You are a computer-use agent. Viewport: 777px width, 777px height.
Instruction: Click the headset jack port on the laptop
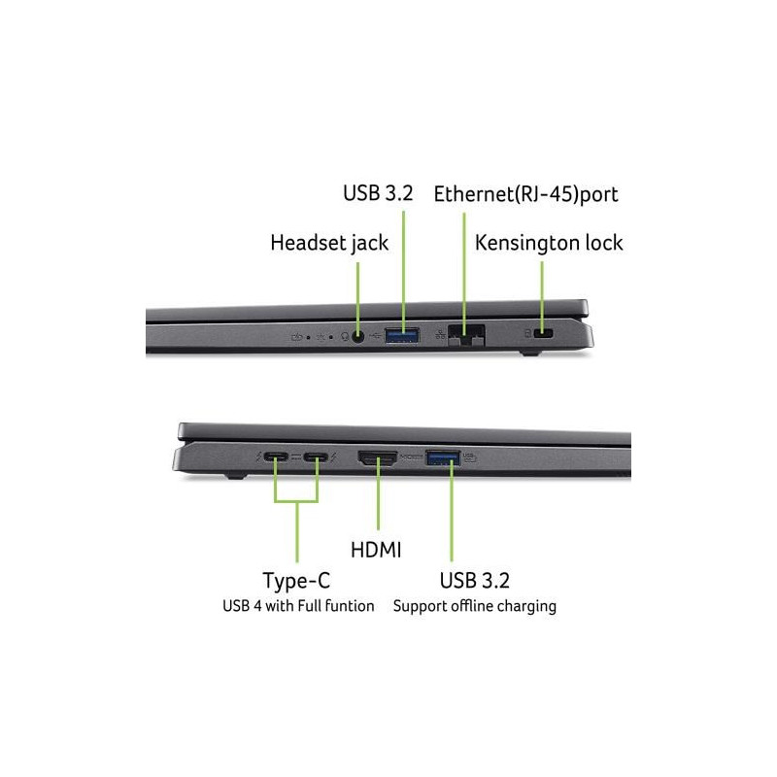[357, 337]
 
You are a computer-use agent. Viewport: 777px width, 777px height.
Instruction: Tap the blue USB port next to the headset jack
[402, 335]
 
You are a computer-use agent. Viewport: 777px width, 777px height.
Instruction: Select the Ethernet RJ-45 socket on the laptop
[466, 335]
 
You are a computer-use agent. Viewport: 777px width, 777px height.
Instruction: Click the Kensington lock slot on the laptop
[544, 333]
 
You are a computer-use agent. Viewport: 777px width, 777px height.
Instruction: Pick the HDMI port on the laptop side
[378, 457]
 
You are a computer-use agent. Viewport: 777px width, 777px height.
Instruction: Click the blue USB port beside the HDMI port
[443, 457]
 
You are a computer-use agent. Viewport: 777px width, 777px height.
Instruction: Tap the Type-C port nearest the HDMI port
[317, 456]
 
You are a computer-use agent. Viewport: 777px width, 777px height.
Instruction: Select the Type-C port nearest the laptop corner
[276, 456]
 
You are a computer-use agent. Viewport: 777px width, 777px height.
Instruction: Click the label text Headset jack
[329, 244]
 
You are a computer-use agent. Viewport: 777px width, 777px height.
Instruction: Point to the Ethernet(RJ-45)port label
[525, 194]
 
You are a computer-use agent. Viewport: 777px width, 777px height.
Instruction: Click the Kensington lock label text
[549, 244]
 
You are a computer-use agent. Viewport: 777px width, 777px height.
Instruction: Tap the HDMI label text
[376, 550]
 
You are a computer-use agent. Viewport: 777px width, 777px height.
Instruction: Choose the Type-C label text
[296, 581]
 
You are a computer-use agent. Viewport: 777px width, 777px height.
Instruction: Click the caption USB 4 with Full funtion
[298, 606]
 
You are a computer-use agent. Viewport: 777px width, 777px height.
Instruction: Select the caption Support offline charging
[475, 606]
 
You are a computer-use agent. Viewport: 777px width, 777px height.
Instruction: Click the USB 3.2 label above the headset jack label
[378, 193]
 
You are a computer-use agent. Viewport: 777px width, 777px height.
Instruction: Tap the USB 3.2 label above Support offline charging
[474, 581]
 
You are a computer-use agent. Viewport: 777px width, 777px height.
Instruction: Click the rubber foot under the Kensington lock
[530, 354]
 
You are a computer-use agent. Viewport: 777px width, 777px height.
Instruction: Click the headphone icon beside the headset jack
[346, 337]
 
